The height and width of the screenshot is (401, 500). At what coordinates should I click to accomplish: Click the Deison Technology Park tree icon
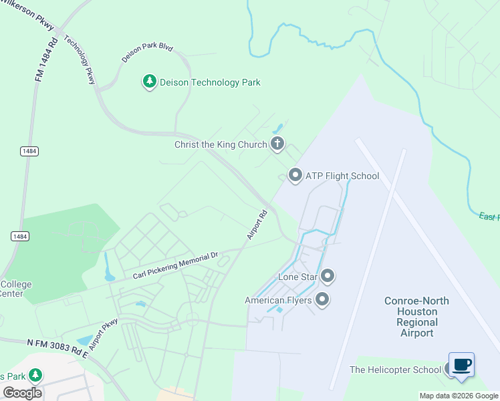tap(150, 82)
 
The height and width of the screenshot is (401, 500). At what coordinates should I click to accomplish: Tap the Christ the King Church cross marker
tap(277, 144)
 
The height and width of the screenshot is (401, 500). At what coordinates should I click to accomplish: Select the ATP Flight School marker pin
tap(295, 176)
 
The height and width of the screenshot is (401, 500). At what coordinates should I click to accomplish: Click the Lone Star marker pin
tap(328, 276)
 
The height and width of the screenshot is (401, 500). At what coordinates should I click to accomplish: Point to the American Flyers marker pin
tap(322, 299)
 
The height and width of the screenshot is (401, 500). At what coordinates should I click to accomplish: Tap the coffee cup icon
tap(461, 365)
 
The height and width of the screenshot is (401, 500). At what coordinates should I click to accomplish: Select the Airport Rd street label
tap(257, 225)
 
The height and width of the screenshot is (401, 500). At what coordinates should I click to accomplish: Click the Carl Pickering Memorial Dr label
tap(175, 265)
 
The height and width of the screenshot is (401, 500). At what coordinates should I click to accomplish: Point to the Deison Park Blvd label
tap(147, 53)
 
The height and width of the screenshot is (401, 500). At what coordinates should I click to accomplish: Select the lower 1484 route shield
tap(19, 237)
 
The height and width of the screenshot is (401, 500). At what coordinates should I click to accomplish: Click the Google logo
tap(23, 393)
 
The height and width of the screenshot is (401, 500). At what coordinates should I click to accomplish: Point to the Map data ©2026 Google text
tap(459, 396)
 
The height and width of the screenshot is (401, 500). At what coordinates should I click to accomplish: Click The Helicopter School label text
tap(395, 370)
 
